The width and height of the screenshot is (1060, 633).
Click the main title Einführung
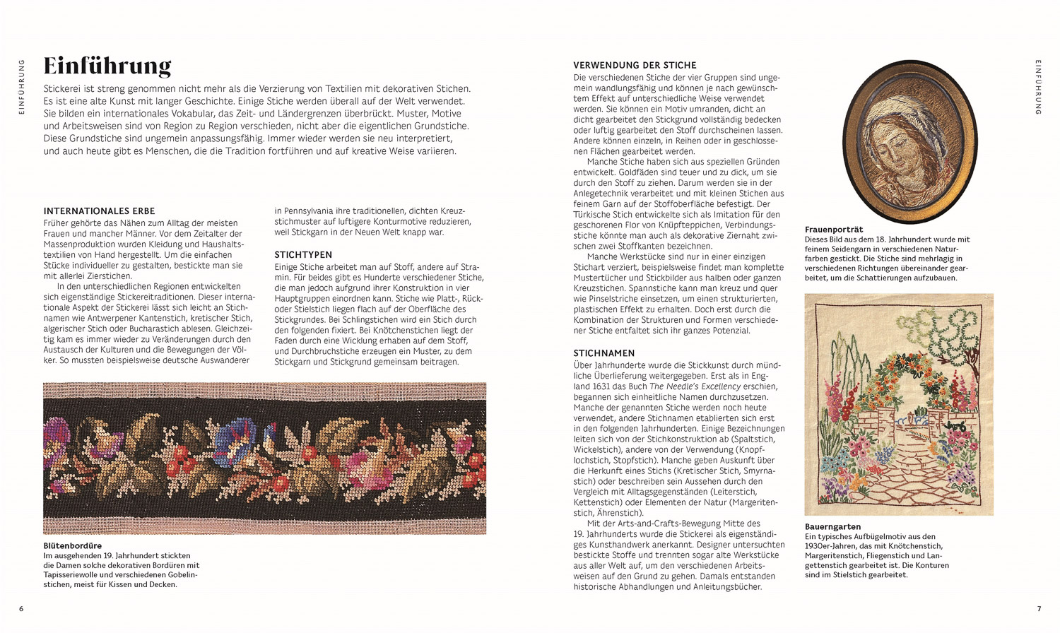(107, 66)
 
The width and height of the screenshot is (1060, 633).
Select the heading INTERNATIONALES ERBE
(99, 211)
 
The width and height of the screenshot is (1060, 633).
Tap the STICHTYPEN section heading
(303, 254)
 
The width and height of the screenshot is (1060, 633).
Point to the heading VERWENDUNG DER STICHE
(635, 65)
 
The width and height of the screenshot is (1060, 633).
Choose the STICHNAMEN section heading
(604, 353)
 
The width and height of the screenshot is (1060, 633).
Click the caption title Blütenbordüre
(72, 545)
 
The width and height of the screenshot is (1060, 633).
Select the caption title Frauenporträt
(834, 230)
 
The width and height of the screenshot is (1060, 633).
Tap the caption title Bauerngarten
(832, 526)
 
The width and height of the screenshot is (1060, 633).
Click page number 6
(21, 609)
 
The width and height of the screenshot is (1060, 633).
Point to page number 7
(1039, 609)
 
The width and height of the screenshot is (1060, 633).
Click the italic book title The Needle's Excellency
(695, 386)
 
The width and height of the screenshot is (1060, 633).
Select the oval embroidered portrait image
(910, 141)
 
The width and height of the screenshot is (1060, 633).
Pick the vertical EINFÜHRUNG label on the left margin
(21, 86)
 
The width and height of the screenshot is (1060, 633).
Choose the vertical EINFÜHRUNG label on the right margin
(1038, 86)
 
